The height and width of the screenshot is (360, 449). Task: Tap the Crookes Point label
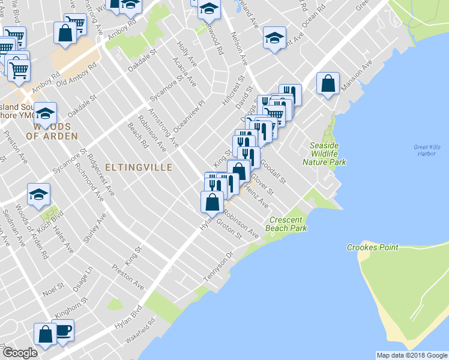372,247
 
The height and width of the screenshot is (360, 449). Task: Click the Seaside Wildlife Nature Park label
324,154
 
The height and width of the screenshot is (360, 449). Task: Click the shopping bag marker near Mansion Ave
328,84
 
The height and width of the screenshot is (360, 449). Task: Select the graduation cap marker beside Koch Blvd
38,194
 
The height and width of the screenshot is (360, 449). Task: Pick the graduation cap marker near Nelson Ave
274,39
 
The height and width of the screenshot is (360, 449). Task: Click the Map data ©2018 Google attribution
411,355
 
